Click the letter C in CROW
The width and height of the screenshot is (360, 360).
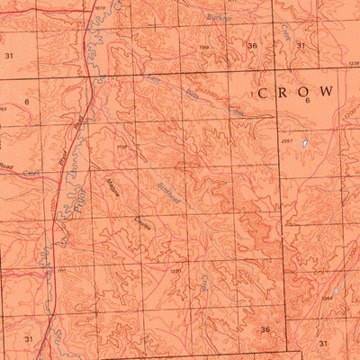[x=264, y=93]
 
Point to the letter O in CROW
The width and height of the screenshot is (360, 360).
[x=304, y=92]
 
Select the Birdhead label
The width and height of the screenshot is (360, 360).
[x=172, y=196]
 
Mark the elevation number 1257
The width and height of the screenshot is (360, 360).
[x=287, y=141]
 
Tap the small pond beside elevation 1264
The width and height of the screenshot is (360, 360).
[x=336, y=292]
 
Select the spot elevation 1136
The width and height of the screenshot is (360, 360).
[x=122, y=146]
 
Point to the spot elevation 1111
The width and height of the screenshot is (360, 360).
[x=63, y=270]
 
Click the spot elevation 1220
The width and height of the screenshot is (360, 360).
[x=175, y=270]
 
